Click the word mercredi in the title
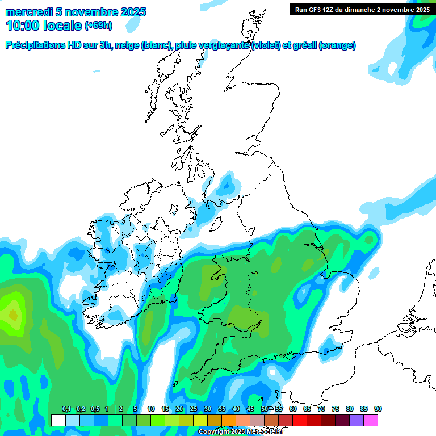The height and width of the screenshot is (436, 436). [29, 12]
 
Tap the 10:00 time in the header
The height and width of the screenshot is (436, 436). [23, 26]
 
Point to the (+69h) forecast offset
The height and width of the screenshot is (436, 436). [98, 26]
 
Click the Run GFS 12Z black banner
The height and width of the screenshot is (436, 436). [362, 9]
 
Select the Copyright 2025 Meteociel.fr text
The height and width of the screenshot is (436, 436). [241, 432]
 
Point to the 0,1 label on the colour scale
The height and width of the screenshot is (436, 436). [66, 409]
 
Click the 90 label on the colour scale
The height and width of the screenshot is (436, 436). [378, 409]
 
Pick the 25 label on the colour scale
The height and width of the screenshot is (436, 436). [194, 409]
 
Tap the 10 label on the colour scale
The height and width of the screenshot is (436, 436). [151, 409]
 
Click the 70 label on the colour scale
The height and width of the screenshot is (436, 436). [321, 409]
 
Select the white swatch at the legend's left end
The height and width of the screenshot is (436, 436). [58, 420]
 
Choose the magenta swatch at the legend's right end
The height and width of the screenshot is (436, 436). [371, 420]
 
